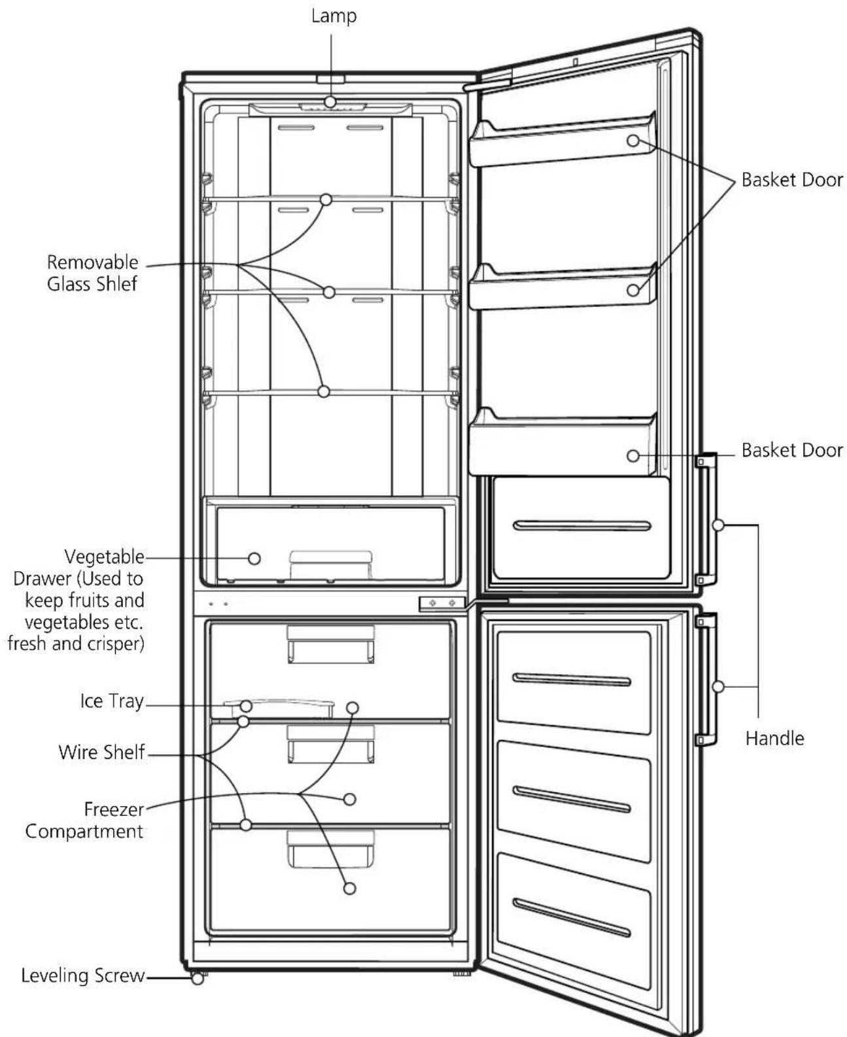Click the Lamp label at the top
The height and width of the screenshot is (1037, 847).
(x=334, y=16)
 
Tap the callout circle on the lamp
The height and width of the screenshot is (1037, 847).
(x=330, y=102)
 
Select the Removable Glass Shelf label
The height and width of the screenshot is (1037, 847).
(x=92, y=273)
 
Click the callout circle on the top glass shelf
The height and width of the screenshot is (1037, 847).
(x=326, y=200)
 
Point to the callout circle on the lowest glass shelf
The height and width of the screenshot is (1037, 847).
(x=324, y=391)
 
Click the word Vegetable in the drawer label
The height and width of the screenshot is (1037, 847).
(x=104, y=557)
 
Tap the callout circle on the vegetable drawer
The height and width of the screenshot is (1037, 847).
(x=254, y=559)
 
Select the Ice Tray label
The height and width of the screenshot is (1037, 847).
(x=112, y=701)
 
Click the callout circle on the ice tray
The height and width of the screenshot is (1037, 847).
(x=247, y=707)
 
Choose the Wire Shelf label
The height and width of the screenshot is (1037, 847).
(x=101, y=752)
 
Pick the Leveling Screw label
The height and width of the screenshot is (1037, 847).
(x=82, y=975)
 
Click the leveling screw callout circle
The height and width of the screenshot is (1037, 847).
(x=198, y=979)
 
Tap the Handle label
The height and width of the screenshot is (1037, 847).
(x=775, y=739)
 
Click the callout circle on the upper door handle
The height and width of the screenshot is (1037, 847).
(x=718, y=525)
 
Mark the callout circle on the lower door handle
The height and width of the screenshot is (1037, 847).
(x=718, y=686)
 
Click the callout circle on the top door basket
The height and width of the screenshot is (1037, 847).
(x=633, y=141)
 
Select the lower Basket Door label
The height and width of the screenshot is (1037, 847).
(x=792, y=450)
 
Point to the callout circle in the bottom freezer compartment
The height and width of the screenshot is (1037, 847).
(x=349, y=888)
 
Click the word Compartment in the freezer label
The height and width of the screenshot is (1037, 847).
(x=84, y=832)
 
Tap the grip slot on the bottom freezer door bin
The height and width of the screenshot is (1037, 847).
(x=571, y=917)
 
